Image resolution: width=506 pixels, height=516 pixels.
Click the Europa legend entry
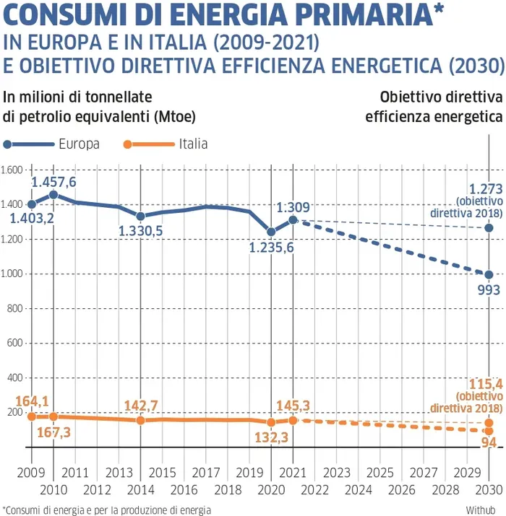(x=80, y=144)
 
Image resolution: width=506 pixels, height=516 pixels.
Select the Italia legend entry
(x=193, y=144)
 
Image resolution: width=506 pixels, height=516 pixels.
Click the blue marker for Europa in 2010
(x=53, y=195)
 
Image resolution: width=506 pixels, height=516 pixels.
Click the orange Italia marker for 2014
(x=140, y=420)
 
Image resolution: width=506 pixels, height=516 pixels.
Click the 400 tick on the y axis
(x=15, y=377)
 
